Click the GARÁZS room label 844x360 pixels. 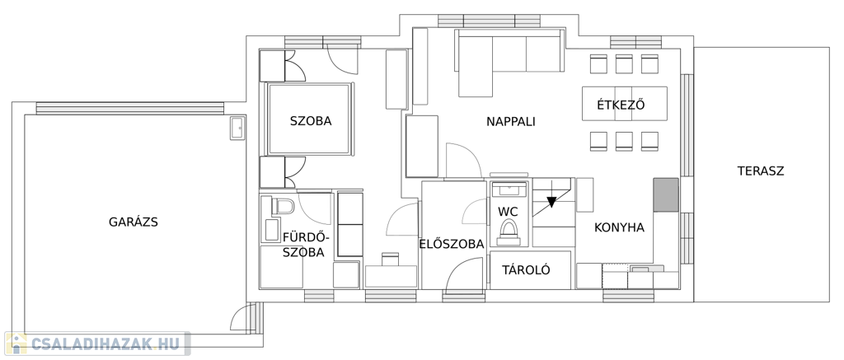[x=133, y=222]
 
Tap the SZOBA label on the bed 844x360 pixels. [x=311, y=121]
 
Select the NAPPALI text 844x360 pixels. [x=511, y=122]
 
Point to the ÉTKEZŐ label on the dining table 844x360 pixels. [x=621, y=105]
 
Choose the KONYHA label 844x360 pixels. [x=619, y=227]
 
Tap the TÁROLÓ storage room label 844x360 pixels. [x=526, y=269]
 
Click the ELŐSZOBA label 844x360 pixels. [x=452, y=244]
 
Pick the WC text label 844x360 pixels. [x=508, y=212]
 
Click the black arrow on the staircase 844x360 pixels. [x=551, y=202]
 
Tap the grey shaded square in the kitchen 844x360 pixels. [x=666, y=194]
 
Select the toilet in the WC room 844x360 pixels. [x=508, y=232]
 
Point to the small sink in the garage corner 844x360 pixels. [x=237, y=128]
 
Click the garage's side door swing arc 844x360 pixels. [x=241, y=316]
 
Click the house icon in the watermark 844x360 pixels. [x=16, y=344]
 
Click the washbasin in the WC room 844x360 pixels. [x=508, y=189]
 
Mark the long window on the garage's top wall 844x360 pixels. [x=129, y=108]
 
